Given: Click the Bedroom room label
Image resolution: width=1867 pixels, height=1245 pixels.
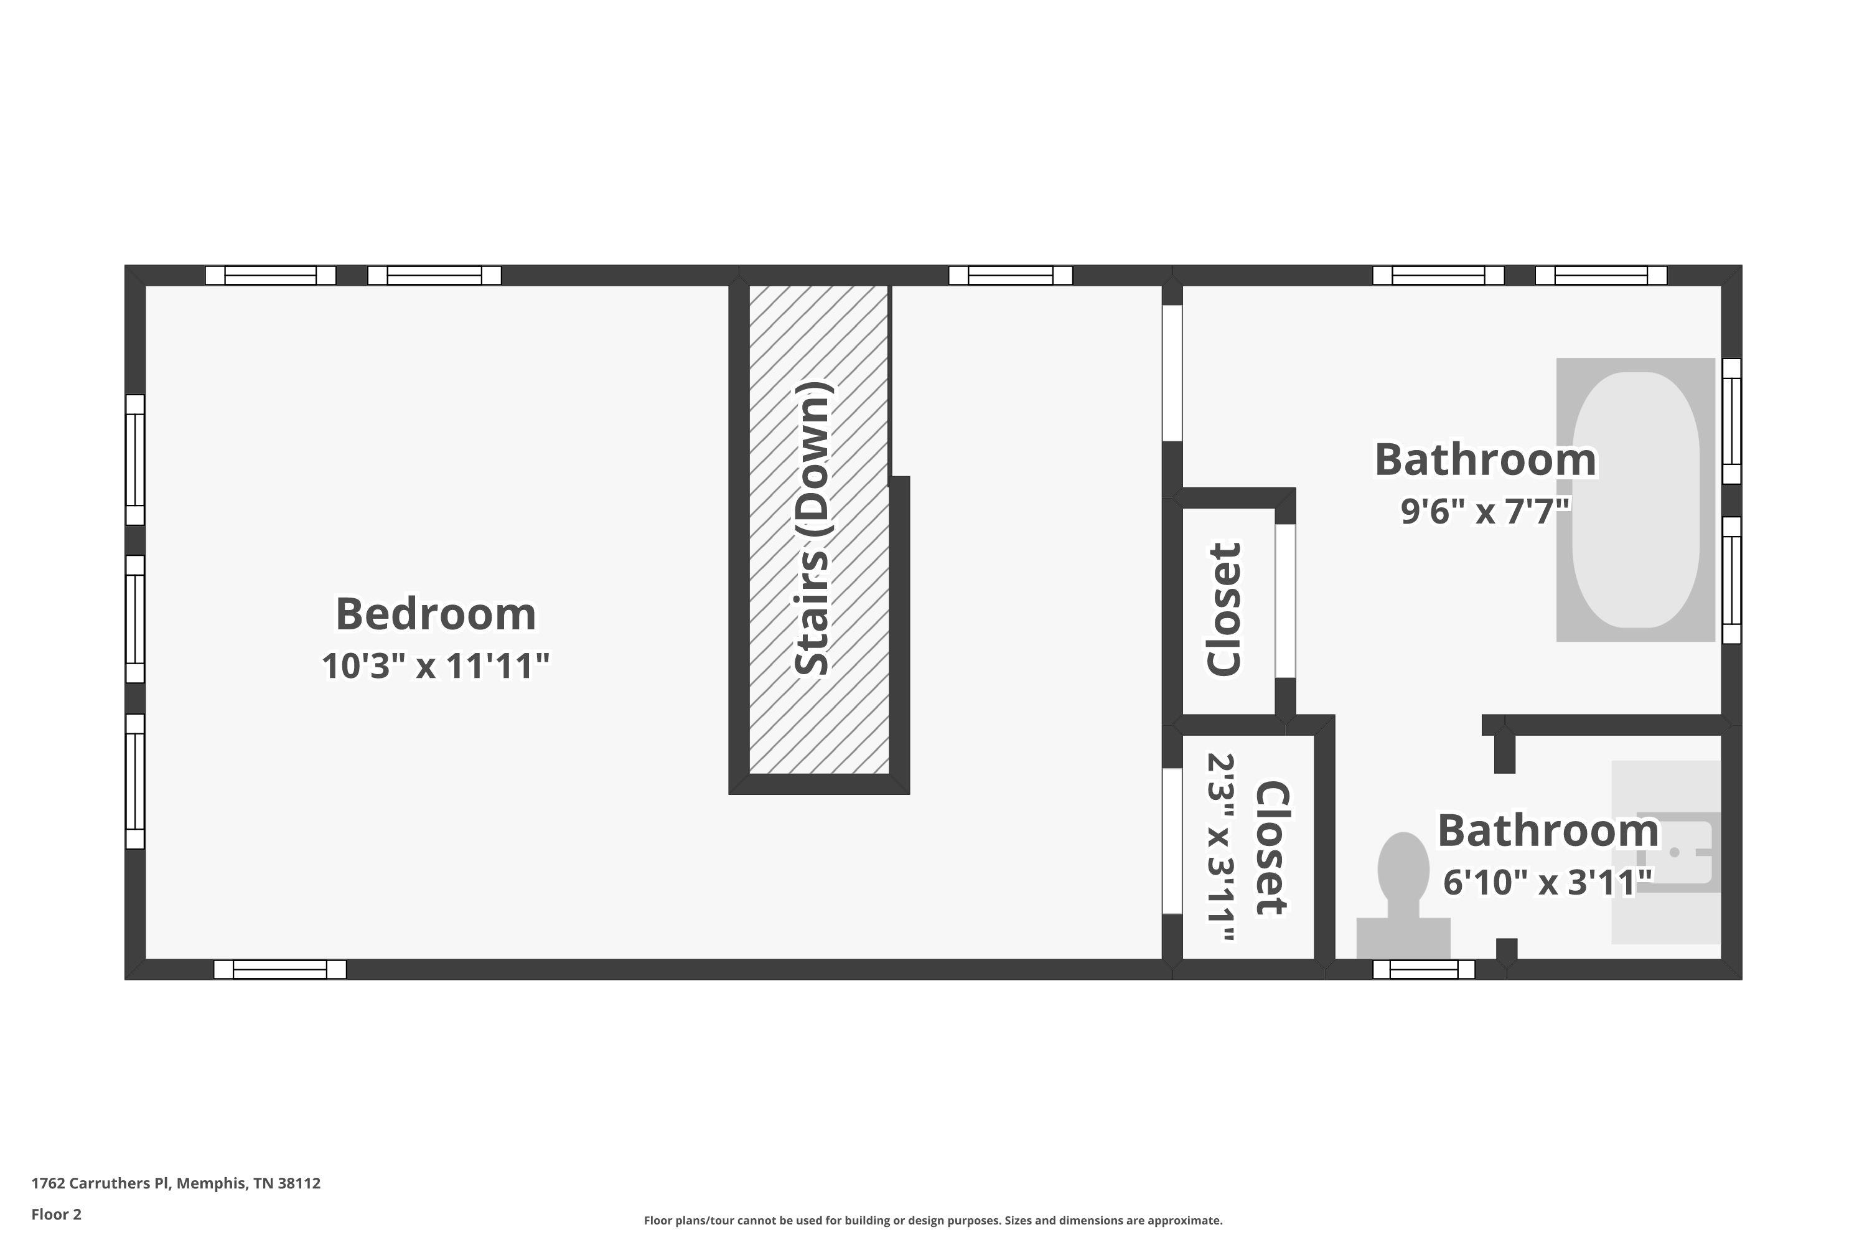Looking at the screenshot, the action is [436, 614].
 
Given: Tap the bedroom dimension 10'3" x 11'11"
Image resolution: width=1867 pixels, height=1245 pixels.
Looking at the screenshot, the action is [436, 666].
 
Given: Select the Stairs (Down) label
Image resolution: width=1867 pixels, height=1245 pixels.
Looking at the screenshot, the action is [812, 529].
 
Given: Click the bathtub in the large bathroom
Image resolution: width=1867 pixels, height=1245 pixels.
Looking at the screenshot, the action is [1636, 499].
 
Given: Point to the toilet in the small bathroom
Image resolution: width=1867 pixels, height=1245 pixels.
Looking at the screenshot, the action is [1403, 895].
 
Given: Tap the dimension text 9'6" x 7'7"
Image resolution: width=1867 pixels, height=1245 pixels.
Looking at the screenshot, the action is [1485, 511].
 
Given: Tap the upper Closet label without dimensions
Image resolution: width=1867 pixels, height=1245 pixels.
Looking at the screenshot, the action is [1224, 610].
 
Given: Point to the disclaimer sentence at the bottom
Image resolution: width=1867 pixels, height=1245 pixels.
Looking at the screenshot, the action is [933, 1220].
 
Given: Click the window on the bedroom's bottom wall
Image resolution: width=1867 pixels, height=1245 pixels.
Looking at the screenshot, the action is [280, 969].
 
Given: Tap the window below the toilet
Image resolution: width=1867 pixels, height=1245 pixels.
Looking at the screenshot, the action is [1424, 969].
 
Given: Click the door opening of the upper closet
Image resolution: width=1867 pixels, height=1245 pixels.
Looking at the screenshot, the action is [1285, 601].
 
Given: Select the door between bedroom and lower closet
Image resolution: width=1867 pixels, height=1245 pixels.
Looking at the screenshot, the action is [1172, 841].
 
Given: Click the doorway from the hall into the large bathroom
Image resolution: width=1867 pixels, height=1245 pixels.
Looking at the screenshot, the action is [1172, 373].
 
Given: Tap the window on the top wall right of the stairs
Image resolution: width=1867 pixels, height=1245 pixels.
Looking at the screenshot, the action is [1011, 276].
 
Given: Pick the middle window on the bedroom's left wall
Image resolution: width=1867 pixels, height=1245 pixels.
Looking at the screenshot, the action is [135, 619].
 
